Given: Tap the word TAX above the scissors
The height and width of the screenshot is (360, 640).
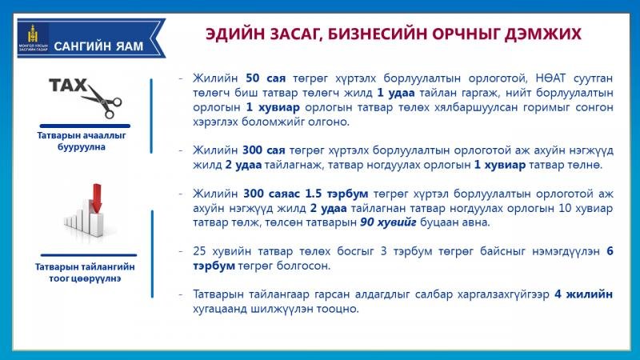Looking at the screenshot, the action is (68, 86).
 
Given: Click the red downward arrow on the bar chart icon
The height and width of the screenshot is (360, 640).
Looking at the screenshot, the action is (97, 198).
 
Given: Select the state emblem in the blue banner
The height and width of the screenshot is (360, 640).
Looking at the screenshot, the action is (33, 34).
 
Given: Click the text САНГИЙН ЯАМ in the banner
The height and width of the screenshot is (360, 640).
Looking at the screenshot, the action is (98, 46).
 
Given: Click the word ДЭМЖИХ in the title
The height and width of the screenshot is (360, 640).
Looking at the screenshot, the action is (542, 34).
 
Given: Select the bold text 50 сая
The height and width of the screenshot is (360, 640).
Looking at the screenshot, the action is (266, 78).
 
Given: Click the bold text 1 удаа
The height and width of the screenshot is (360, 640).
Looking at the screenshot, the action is (395, 93).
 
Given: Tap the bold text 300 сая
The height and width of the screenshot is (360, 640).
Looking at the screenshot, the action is (264, 150).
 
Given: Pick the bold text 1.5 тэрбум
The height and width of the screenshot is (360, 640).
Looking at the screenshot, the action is (336, 194).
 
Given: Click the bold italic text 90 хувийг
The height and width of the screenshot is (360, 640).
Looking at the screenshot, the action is (388, 222).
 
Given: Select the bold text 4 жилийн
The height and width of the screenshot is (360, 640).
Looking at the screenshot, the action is (583, 294).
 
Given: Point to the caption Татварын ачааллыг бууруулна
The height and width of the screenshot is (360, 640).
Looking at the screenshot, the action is (82, 141).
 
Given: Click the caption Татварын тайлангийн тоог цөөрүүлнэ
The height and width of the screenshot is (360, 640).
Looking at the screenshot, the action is (85, 273).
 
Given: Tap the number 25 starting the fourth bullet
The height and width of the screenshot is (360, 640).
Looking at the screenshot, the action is (199, 251).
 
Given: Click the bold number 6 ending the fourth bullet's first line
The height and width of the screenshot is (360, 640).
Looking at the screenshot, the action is (610, 251).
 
